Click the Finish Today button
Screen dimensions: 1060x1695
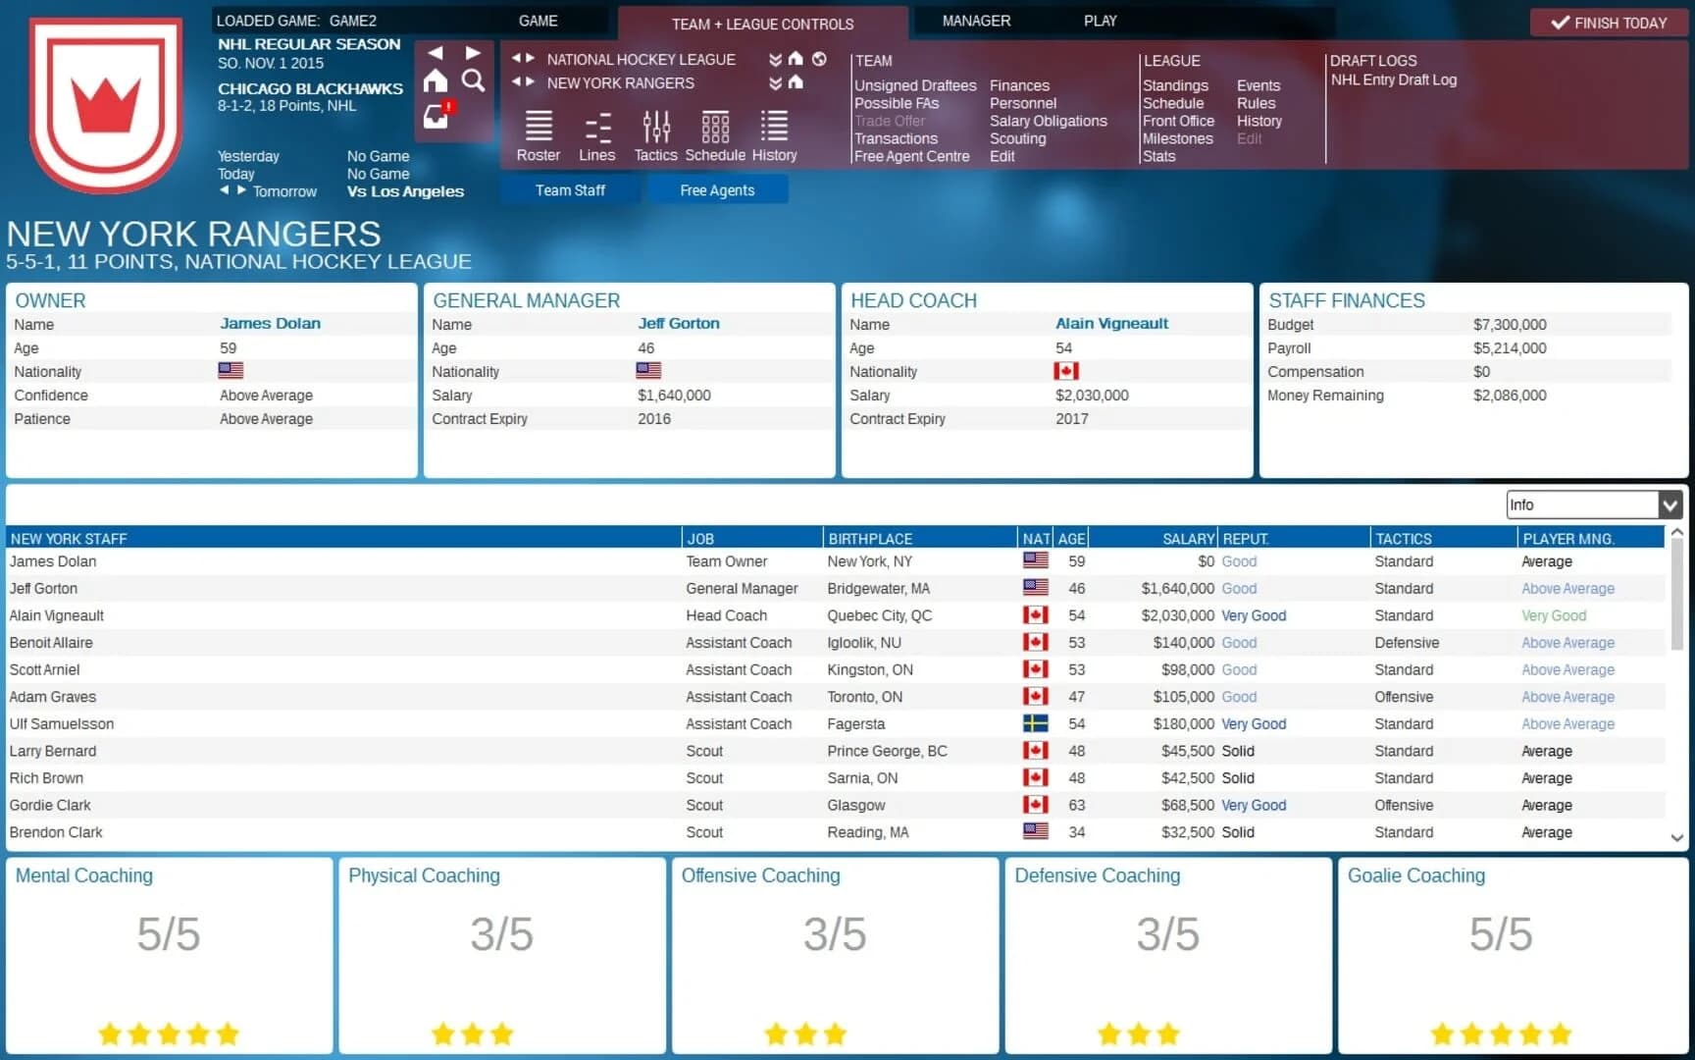point(1609,23)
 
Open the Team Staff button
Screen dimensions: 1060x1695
point(570,190)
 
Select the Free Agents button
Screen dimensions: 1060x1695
point(717,190)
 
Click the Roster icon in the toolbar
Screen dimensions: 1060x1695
point(539,135)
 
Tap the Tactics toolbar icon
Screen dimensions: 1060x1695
point(655,135)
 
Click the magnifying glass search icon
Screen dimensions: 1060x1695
point(473,81)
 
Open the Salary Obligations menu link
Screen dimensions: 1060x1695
point(1048,121)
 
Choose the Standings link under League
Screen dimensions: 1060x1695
point(1175,85)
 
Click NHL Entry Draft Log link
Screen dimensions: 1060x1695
point(1393,79)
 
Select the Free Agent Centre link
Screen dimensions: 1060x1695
point(911,156)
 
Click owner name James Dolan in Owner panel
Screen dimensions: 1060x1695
point(270,323)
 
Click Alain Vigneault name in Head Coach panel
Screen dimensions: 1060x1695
point(1111,323)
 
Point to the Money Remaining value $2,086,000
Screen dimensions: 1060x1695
point(1509,396)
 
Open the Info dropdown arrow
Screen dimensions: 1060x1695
point(1669,504)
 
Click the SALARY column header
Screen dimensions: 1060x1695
point(1188,539)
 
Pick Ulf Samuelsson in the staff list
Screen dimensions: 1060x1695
point(62,723)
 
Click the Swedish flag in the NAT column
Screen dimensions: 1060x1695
point(1035,723)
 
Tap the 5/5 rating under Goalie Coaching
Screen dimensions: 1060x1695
point(1500,933)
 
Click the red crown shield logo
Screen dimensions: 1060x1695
point(106,104)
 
